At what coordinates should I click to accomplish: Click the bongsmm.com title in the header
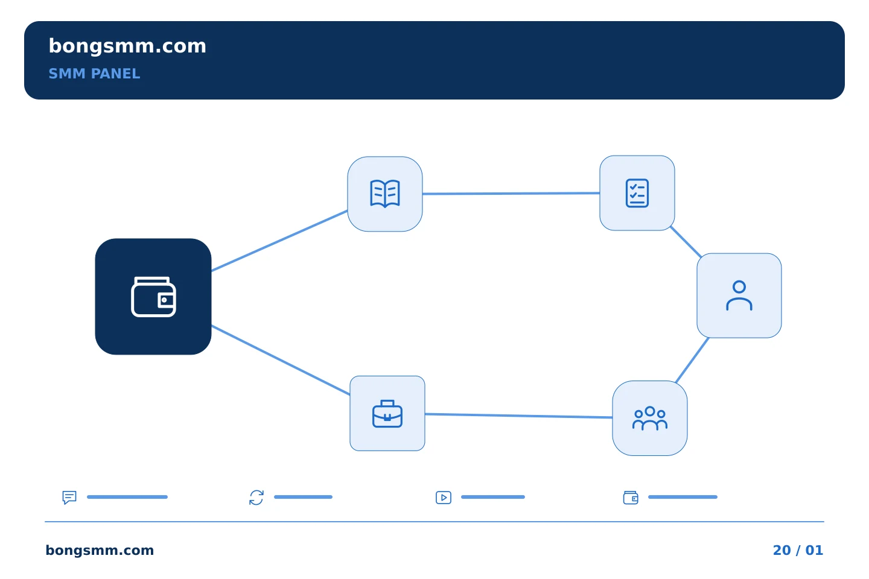(127, 46)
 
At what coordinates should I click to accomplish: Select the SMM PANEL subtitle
(94, 74)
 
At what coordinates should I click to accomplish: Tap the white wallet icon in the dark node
(153, 297)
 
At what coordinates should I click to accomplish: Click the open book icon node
(385, 194)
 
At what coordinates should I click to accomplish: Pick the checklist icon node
(637, 193)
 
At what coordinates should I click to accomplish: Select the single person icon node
(739, 296)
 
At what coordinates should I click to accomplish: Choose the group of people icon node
(650, 418)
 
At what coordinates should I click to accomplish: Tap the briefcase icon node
(387, 413)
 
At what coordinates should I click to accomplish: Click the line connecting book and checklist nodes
(511, 194)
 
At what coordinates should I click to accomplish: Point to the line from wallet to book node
(279, 241)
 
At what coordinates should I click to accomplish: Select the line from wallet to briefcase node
(281, 360)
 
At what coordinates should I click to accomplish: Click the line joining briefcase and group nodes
(519, 416)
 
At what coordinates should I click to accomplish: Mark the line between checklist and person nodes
(686, 242)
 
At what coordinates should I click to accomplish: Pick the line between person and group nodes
(692, 360)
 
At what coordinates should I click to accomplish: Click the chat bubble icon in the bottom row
(69, 498)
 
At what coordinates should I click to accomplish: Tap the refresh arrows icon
(256, 498)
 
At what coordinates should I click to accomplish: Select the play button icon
(444, 498)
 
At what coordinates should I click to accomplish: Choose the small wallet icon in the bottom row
(631, 498)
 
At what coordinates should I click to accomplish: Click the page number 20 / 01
(798, 550)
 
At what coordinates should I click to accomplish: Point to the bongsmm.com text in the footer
(100, 550)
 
